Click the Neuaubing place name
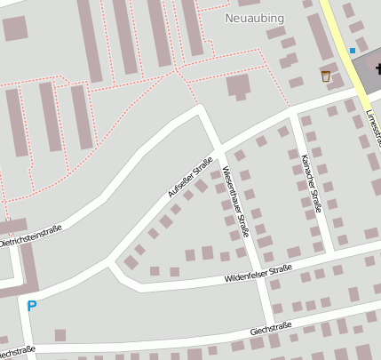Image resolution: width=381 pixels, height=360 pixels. click(x=256, y=17)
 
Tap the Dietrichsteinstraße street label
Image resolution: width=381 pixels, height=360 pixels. click(x=31, y=235)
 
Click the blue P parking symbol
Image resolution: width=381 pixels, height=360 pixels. click(x=32, y=306)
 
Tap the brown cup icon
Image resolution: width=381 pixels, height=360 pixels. click(x=326, y=76)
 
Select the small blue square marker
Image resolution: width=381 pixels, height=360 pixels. click(x=353, y=50)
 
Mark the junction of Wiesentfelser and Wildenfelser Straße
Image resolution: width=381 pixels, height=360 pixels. click(x=258, y=279)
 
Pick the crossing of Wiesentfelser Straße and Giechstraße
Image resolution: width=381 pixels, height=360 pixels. click(x=271, y=322)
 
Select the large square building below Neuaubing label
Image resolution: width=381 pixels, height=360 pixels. click(x=238, y=86)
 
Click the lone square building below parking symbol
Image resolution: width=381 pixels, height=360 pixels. click(x=60, y=335)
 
